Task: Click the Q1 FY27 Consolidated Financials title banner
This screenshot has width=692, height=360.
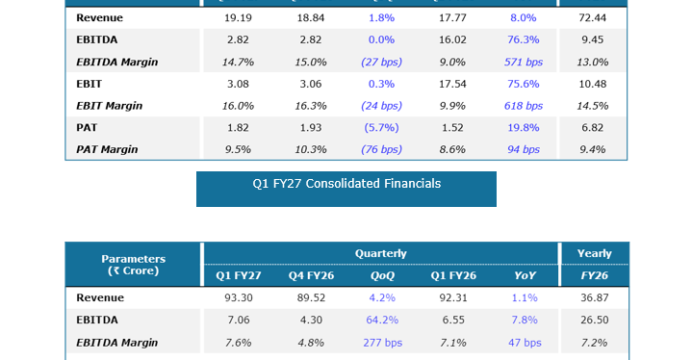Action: pyautogui.click(x=346, y=189)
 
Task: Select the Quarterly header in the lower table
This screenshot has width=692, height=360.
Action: pyautogui.click(x=381, y=253)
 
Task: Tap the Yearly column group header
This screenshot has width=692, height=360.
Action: pyautogui.click(x=594, y=253)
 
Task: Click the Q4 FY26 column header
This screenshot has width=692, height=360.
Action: pyautogui.click(x=311, y=276)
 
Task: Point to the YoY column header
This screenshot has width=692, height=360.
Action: pyautogui.click(x=525, y=276)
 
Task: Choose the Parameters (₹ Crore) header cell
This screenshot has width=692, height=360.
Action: pyautogui.click(x=133, y=265)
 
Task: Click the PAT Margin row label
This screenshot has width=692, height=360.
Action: pyautogui.click(x=107, y=150)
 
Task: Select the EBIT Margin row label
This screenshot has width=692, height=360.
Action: pyautogui.click(x=109, y=106)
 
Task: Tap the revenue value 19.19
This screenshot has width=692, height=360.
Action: pyautogui.click(x=238, y=18)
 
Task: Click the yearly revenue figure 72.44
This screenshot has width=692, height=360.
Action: pyautogui.click(x=592, y=18)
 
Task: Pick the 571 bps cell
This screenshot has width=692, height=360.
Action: pyautogui.click(x=523, y=62)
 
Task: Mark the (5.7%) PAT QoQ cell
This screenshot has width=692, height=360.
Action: pyautogui.click(x=381, y=128)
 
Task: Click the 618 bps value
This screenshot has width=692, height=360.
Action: pyautogui.click(x=523, y=106)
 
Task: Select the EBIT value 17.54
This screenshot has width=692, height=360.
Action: pyautogui.click(x=452, y=84)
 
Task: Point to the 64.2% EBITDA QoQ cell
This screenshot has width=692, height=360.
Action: pyautogui.click(x=382, y=320)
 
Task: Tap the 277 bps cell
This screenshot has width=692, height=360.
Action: pyautogui.click(x=383, y=343)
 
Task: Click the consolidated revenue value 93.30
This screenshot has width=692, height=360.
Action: pyautogui.click(x=238, y=298)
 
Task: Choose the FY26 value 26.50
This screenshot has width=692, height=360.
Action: pyautogui.click(x=594, y=320)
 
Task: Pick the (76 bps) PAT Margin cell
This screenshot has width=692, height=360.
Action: pyautogui.click(x=381, y=150)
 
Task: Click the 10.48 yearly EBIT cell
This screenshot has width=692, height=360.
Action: pyautogui.click(x=592, y=84)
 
